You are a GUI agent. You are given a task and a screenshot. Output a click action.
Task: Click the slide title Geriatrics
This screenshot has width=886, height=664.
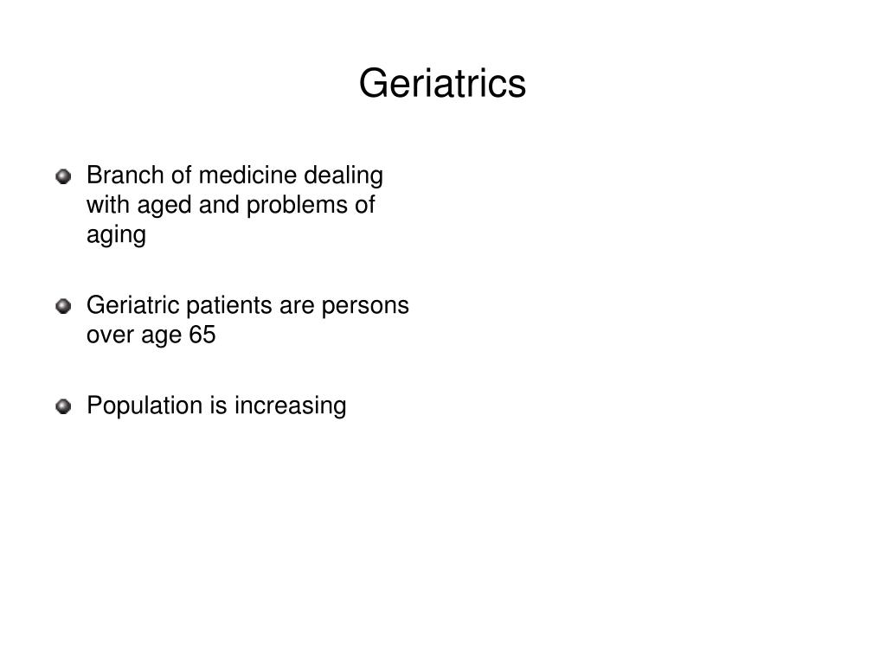[x=442, y=84]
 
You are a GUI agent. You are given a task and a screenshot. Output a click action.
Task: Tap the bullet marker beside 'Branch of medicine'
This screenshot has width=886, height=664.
[x=63, y=177]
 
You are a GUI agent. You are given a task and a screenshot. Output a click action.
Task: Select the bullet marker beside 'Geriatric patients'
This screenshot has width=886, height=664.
[x=63, y=307]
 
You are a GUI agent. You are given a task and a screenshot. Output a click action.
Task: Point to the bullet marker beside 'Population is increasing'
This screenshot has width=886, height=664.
[x=63, y=406]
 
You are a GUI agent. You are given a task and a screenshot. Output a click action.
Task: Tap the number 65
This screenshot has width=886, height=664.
[x=202, y=335]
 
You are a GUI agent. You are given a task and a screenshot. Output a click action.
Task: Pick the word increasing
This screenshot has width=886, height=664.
[x=290, y=405]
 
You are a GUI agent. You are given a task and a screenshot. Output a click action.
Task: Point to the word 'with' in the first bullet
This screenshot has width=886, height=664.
[x=104, y=205]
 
